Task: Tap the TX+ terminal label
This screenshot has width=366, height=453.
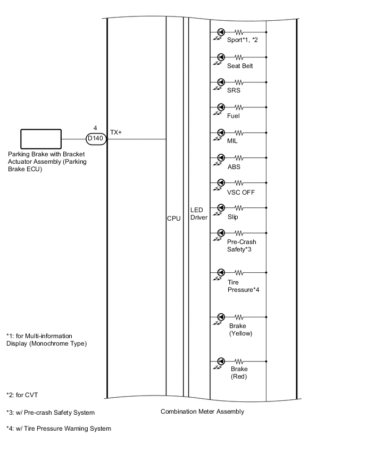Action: pos(116,132)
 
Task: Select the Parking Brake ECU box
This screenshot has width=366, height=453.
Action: pos(40,139)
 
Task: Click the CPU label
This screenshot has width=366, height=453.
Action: pos(174,219)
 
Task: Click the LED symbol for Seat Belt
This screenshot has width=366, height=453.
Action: pos(221,57)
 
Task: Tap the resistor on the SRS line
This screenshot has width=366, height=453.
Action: pos(239,82)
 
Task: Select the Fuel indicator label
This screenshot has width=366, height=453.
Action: pos(234,116)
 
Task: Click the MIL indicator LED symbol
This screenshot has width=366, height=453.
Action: pos(221,132)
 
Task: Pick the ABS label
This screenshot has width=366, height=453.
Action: pos(234,166)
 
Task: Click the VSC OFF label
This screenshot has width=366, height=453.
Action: pos(241,192)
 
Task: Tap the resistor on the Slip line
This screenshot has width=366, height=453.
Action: pos(239,208)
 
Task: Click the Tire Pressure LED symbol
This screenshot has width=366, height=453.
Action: pos(221,273)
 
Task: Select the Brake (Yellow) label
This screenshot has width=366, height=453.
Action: pos(240,330)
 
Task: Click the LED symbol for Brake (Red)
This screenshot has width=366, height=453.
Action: pos(221,361)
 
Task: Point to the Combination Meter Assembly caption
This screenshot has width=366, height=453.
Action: pos(202,412)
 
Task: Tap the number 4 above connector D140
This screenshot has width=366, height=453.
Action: pos(95,128)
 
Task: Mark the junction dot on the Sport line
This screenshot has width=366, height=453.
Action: pos(266,32)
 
